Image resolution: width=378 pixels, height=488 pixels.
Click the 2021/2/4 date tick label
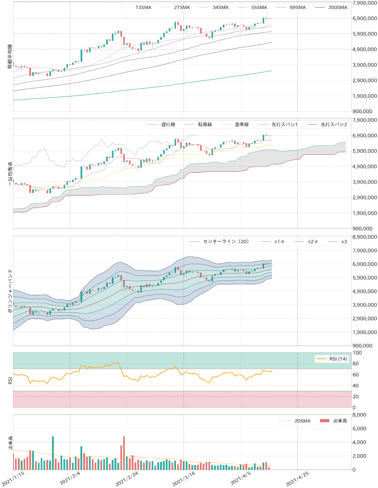70,478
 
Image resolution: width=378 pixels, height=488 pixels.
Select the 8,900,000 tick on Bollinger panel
365,237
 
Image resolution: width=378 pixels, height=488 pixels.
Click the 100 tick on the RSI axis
357,353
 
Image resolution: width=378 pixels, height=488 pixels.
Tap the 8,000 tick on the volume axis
359,415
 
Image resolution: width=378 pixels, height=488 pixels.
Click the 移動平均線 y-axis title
10,56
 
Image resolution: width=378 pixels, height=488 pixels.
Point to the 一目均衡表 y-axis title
10,174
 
